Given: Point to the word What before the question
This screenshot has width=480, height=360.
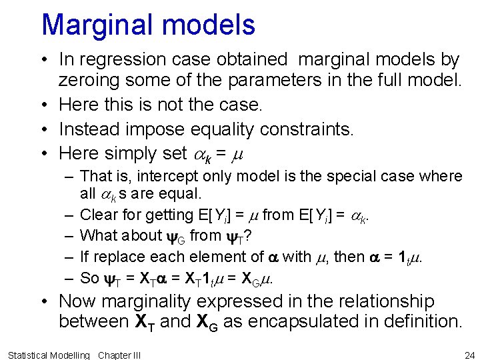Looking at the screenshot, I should (x=96, y=235).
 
